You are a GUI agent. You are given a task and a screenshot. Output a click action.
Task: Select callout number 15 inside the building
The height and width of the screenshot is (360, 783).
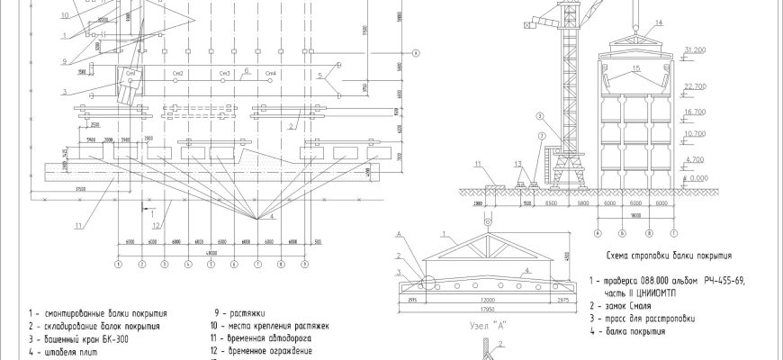635,68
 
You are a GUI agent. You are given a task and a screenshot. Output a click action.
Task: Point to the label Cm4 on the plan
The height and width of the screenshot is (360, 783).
270,72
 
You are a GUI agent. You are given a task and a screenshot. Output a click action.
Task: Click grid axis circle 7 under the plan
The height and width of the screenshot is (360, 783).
257,265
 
